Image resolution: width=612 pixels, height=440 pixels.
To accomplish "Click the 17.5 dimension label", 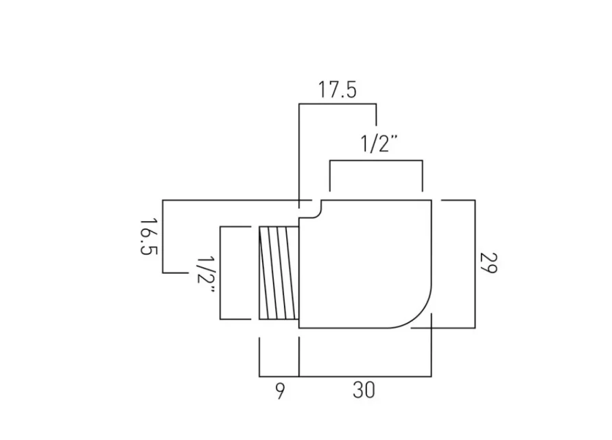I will (337, 90).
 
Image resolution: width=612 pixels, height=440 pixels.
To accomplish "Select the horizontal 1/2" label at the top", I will (379, 144).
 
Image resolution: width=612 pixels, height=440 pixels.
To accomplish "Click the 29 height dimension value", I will (488, 262).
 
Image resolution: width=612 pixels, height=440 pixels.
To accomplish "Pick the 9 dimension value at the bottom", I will (279, 391).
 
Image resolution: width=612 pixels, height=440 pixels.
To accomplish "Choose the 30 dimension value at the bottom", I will (364, 391).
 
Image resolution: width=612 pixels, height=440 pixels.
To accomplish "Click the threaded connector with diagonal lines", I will (279, 273).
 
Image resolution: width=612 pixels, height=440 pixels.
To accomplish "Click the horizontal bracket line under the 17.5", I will (337, 104).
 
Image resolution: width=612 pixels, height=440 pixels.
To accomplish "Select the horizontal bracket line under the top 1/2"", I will (376, 161).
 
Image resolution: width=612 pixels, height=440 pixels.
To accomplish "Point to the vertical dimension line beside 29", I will (475, 263).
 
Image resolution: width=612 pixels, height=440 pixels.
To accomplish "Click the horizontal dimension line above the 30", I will (365, 376).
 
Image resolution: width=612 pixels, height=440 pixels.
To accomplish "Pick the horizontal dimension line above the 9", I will (279, 376).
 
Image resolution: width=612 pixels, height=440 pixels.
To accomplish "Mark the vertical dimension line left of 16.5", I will (163, 237).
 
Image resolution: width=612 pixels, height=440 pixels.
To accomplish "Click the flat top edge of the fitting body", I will (377, 200).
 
